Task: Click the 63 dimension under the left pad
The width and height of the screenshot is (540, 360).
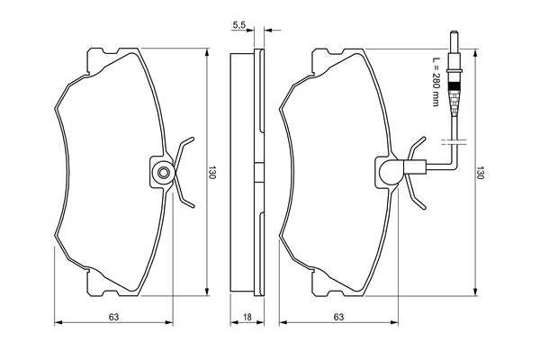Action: coord(113,317)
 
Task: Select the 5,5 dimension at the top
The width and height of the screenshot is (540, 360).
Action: coord(238,25)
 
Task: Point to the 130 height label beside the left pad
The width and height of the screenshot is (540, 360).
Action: coord(213,173)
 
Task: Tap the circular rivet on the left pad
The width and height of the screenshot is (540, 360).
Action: coord(163,173)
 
